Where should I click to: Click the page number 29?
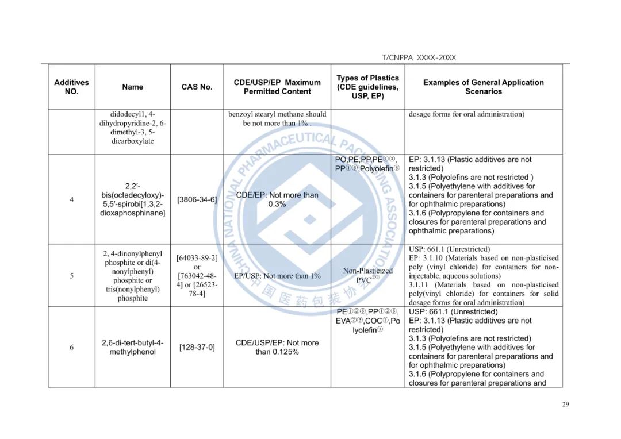coord(565,405)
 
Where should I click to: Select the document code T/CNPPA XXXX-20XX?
coord(419,57)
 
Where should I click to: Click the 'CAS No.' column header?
coord(197,87)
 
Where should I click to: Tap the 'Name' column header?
coord(132,87)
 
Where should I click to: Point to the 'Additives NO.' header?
coord(71,87)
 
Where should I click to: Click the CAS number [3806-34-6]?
coord(197,199)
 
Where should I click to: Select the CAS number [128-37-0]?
coord(197,347)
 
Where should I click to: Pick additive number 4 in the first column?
coord(71,199)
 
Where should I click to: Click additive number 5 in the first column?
coord(71,276)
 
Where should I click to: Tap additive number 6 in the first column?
coord(71,347)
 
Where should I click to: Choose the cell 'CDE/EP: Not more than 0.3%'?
coord(277,199)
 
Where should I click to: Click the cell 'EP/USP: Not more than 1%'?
coord(277,276)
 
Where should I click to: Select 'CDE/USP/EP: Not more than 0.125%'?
coord(277,347)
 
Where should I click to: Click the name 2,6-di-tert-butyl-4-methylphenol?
coord(132,347)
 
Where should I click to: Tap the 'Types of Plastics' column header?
coord(367,87)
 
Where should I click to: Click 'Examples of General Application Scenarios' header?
coord(483,87)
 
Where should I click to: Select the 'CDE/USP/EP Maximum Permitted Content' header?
coord(277,87)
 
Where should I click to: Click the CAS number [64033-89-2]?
coord(197,258)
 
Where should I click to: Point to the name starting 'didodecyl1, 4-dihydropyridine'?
coord(132,128)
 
